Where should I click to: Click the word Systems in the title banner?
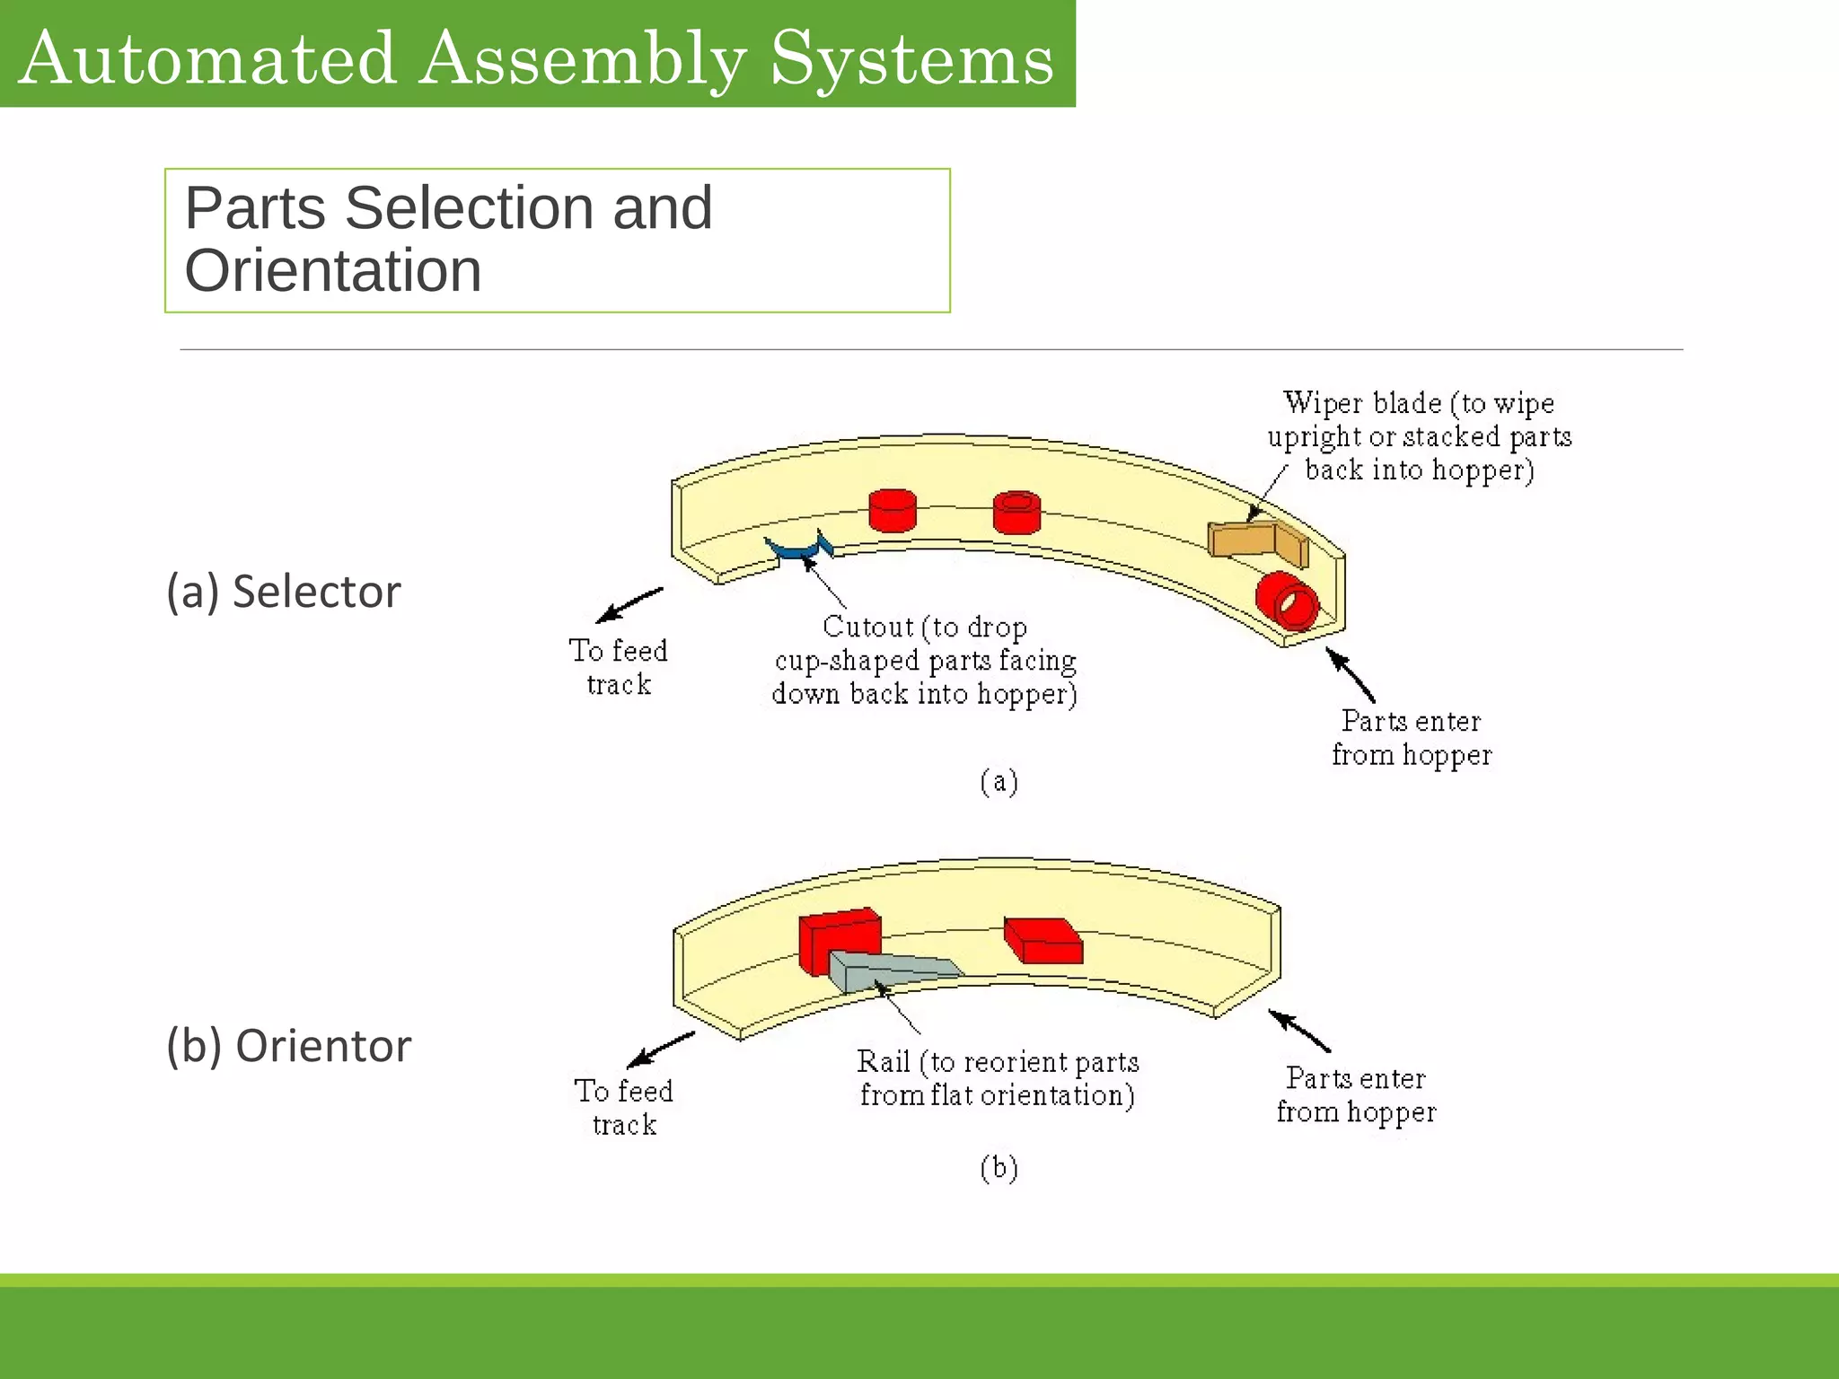click(x=911, y=58)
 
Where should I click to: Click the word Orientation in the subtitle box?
click(x=333, y=270)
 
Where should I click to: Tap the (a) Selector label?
click(x=284, y=592)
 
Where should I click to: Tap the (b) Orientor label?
click(x=289, y=1046)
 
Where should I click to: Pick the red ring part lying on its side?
click(x=1286, y=601)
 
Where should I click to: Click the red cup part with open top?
click(x=1016, y=513)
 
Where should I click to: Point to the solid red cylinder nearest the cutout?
click(x=893, y=510)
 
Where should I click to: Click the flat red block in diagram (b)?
click(x=1043, y=940)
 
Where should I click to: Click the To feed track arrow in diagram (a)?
click(x=629, y=605)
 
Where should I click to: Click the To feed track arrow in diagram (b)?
click(x=660, y=1050)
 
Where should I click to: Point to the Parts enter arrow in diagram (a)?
click(x=1351, y=675)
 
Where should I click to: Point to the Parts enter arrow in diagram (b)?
click(x=1298, y=1031)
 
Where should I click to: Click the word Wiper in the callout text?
click(x=1316, y=402)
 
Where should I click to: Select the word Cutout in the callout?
click(x=867, y=626)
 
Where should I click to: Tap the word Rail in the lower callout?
click(x=884, y=1061)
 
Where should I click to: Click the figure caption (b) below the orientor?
click(x=999, y=1168)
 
